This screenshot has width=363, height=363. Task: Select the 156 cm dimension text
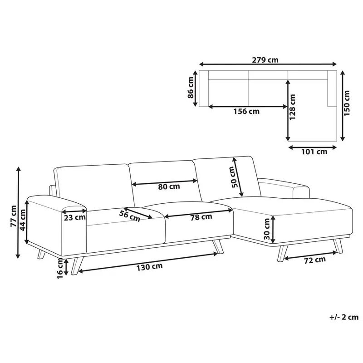247,112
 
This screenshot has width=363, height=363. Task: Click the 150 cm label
348,103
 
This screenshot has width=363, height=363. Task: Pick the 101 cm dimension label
314,152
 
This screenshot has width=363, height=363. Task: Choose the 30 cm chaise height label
267,235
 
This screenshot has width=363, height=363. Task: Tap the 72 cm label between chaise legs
314,260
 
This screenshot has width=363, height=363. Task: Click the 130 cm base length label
151,266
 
